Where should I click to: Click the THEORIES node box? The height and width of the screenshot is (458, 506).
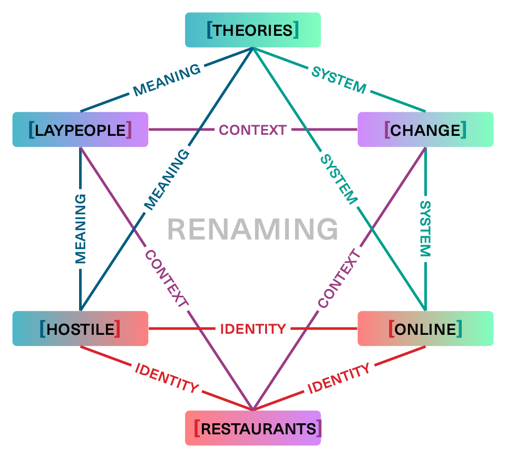click(253, 30)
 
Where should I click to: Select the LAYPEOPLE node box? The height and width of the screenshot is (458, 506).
click(80, 130)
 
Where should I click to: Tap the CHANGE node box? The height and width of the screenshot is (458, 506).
click(425, 130)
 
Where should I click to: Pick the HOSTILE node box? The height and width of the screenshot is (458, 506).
click(80, 329)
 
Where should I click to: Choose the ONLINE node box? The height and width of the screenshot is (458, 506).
click(425, 329)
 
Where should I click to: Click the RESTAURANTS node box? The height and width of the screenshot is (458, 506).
click(253, 428)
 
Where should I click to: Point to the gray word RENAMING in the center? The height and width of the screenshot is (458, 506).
click(253, 230)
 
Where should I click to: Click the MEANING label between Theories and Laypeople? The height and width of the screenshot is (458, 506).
click(167, 80)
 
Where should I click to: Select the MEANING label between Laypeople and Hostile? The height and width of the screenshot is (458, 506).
click(80, 228)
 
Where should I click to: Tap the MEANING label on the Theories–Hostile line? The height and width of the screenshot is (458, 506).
click(167, 180)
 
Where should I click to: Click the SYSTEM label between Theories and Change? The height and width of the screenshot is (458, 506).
click(339, 80)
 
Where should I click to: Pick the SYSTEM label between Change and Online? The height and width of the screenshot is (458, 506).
click(425, 228)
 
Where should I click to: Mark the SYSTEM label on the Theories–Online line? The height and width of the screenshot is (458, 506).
click(339, 180)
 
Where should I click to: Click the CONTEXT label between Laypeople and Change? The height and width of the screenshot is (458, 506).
click(253, 130)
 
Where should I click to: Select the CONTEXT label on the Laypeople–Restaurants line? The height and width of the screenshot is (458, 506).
click(167, 279)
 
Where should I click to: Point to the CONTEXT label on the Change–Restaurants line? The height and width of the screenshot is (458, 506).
click(339, 279)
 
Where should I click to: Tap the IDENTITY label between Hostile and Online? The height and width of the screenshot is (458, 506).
click(253, 329)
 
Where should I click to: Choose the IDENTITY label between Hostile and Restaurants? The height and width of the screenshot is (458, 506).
click(167, 379)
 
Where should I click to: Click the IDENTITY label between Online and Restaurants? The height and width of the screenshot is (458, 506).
click(339, 379)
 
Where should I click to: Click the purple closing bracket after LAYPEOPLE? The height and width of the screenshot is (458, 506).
click(129, 130)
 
